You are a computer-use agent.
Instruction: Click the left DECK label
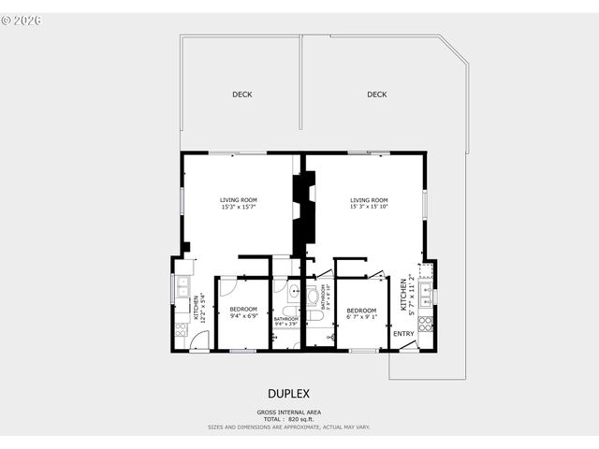tap(241, 94)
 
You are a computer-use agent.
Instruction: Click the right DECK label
tap(376, 94)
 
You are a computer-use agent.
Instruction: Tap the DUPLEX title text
tap(288, 394)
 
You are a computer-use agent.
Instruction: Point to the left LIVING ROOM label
tap(238, 199)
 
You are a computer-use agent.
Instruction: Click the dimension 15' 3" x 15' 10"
tap(369, 207)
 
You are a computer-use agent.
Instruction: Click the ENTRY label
tap(403, 334)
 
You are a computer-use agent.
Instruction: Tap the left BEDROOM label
tap(243, 310)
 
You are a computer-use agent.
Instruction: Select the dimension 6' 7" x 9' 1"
tap(361, 316)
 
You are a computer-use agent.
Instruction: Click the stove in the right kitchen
tap(426, 325)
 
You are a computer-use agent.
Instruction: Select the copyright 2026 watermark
tap(23, 18)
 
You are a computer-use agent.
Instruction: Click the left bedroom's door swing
tap(228, 286)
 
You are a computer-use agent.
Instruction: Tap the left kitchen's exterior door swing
tap(199, 343)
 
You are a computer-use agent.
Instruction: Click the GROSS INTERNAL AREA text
tap(288, 412)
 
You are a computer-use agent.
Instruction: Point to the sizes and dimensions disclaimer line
tap(288, 427)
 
